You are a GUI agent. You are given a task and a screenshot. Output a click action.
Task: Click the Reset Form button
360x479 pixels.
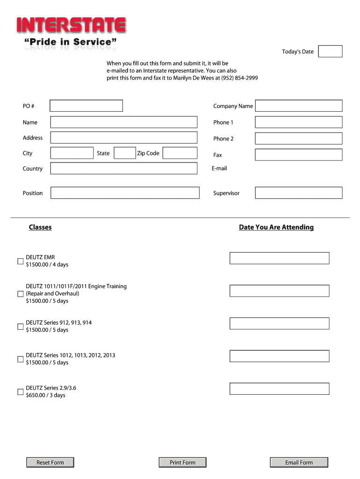tap(50, 463)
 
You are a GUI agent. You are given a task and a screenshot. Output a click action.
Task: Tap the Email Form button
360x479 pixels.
tap(299, 463)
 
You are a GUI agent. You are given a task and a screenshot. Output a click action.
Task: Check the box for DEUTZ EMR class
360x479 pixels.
tap(20, 261)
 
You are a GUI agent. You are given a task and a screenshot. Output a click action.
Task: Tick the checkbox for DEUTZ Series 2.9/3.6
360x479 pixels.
tap(20, 392)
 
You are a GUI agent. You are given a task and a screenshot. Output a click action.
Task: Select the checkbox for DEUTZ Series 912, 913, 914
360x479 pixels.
tap(20, 327)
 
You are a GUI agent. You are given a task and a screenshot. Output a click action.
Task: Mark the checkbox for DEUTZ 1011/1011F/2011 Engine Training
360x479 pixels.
tap(20, 294)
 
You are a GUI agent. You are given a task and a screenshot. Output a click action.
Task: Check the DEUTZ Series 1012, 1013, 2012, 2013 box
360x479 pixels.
tap(20, 359)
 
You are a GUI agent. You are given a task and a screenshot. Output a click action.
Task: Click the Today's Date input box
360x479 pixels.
tap(330, 51)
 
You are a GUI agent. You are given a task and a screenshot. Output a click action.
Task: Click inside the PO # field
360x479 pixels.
tap(86, 106)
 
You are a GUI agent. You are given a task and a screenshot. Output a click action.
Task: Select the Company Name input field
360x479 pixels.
tap(299, 106)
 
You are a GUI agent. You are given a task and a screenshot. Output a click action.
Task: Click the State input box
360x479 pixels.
tap(125, 153)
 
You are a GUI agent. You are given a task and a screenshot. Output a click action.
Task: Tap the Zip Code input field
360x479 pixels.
tap(180, 153)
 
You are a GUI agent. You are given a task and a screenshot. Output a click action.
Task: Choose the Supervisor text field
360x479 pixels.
tap(299, 193)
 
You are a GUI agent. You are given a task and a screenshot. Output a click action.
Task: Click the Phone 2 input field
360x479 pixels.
tap(299, 138)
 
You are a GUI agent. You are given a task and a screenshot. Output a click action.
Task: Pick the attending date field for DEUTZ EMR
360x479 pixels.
tap(279, 258)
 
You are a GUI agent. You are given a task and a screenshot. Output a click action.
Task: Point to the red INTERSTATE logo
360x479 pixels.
tap(71, 26)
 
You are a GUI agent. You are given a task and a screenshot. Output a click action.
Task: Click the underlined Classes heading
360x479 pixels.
tap(40, 227)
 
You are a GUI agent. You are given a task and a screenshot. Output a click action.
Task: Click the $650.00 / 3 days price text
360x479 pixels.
tap(45, 395)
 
